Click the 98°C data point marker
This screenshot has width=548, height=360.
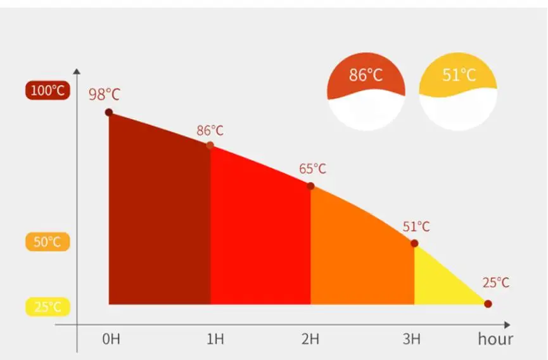tap(109, 112)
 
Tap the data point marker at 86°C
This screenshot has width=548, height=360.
tap(210, 145)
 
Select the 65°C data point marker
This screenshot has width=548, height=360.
tap(310, 186)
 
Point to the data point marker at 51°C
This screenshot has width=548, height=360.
tap(414, 243)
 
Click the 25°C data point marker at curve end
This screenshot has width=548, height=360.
tap(488, 304)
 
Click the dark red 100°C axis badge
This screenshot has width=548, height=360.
tap(48, 91)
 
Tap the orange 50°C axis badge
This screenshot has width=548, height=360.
tap(48, 241)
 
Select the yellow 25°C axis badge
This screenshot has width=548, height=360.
tap(48, 307)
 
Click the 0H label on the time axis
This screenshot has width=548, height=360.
tap(111, 339)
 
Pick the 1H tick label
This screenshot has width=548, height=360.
tap(215, 339)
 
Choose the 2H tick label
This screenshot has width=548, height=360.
tap(310, 339)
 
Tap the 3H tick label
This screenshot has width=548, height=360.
tap(412, 339)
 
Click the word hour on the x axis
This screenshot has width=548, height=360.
tap(495, 339)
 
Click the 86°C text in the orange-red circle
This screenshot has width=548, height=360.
tap(366, 75)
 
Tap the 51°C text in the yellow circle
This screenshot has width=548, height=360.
tap(459, 75)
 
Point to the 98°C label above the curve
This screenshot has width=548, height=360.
tap(104, 94)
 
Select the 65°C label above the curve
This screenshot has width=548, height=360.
tap(312, 169)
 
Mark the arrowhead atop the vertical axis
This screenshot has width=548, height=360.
tap(77, 71)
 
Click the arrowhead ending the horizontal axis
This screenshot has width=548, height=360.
tap(507, 325)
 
